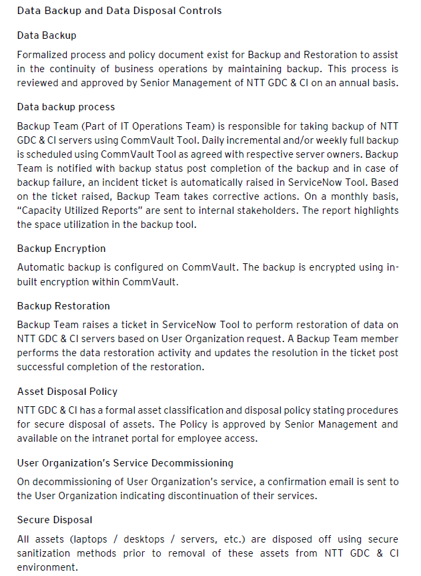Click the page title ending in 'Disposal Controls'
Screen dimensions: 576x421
coord(119,11)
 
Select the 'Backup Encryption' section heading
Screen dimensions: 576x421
coord(61,249)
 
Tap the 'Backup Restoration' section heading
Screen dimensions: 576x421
coord(63,306)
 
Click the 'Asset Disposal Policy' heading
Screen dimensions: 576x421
coord(67,392)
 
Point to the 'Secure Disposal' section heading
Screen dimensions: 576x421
coord(55,520)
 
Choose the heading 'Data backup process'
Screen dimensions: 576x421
coord(66,107)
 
